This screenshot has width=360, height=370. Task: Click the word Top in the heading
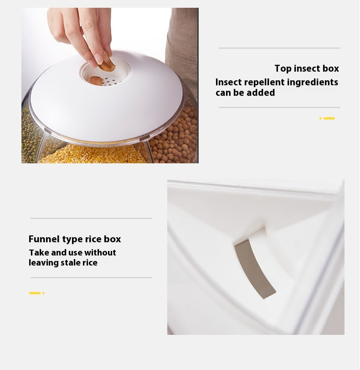pyautogui.click(x=283, y=69)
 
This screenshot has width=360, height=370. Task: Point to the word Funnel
pyautogui.click(x=44, y=239)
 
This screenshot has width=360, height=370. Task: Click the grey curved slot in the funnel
pyautogui.click(x=254, y=269)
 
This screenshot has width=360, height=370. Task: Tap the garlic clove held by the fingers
pyautogui.click(x=107, y=65)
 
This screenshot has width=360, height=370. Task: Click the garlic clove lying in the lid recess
pyautogui.click(x=96, y=80)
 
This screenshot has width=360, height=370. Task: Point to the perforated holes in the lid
pyautogui.click(x=112, y=81)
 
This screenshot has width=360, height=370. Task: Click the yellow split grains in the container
pyautogui.click(x=92, y=155)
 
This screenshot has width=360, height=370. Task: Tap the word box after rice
pyautogui.click(x=112, y=239)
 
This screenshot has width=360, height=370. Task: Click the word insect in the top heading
pyautogui.click(x=307, y=69)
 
